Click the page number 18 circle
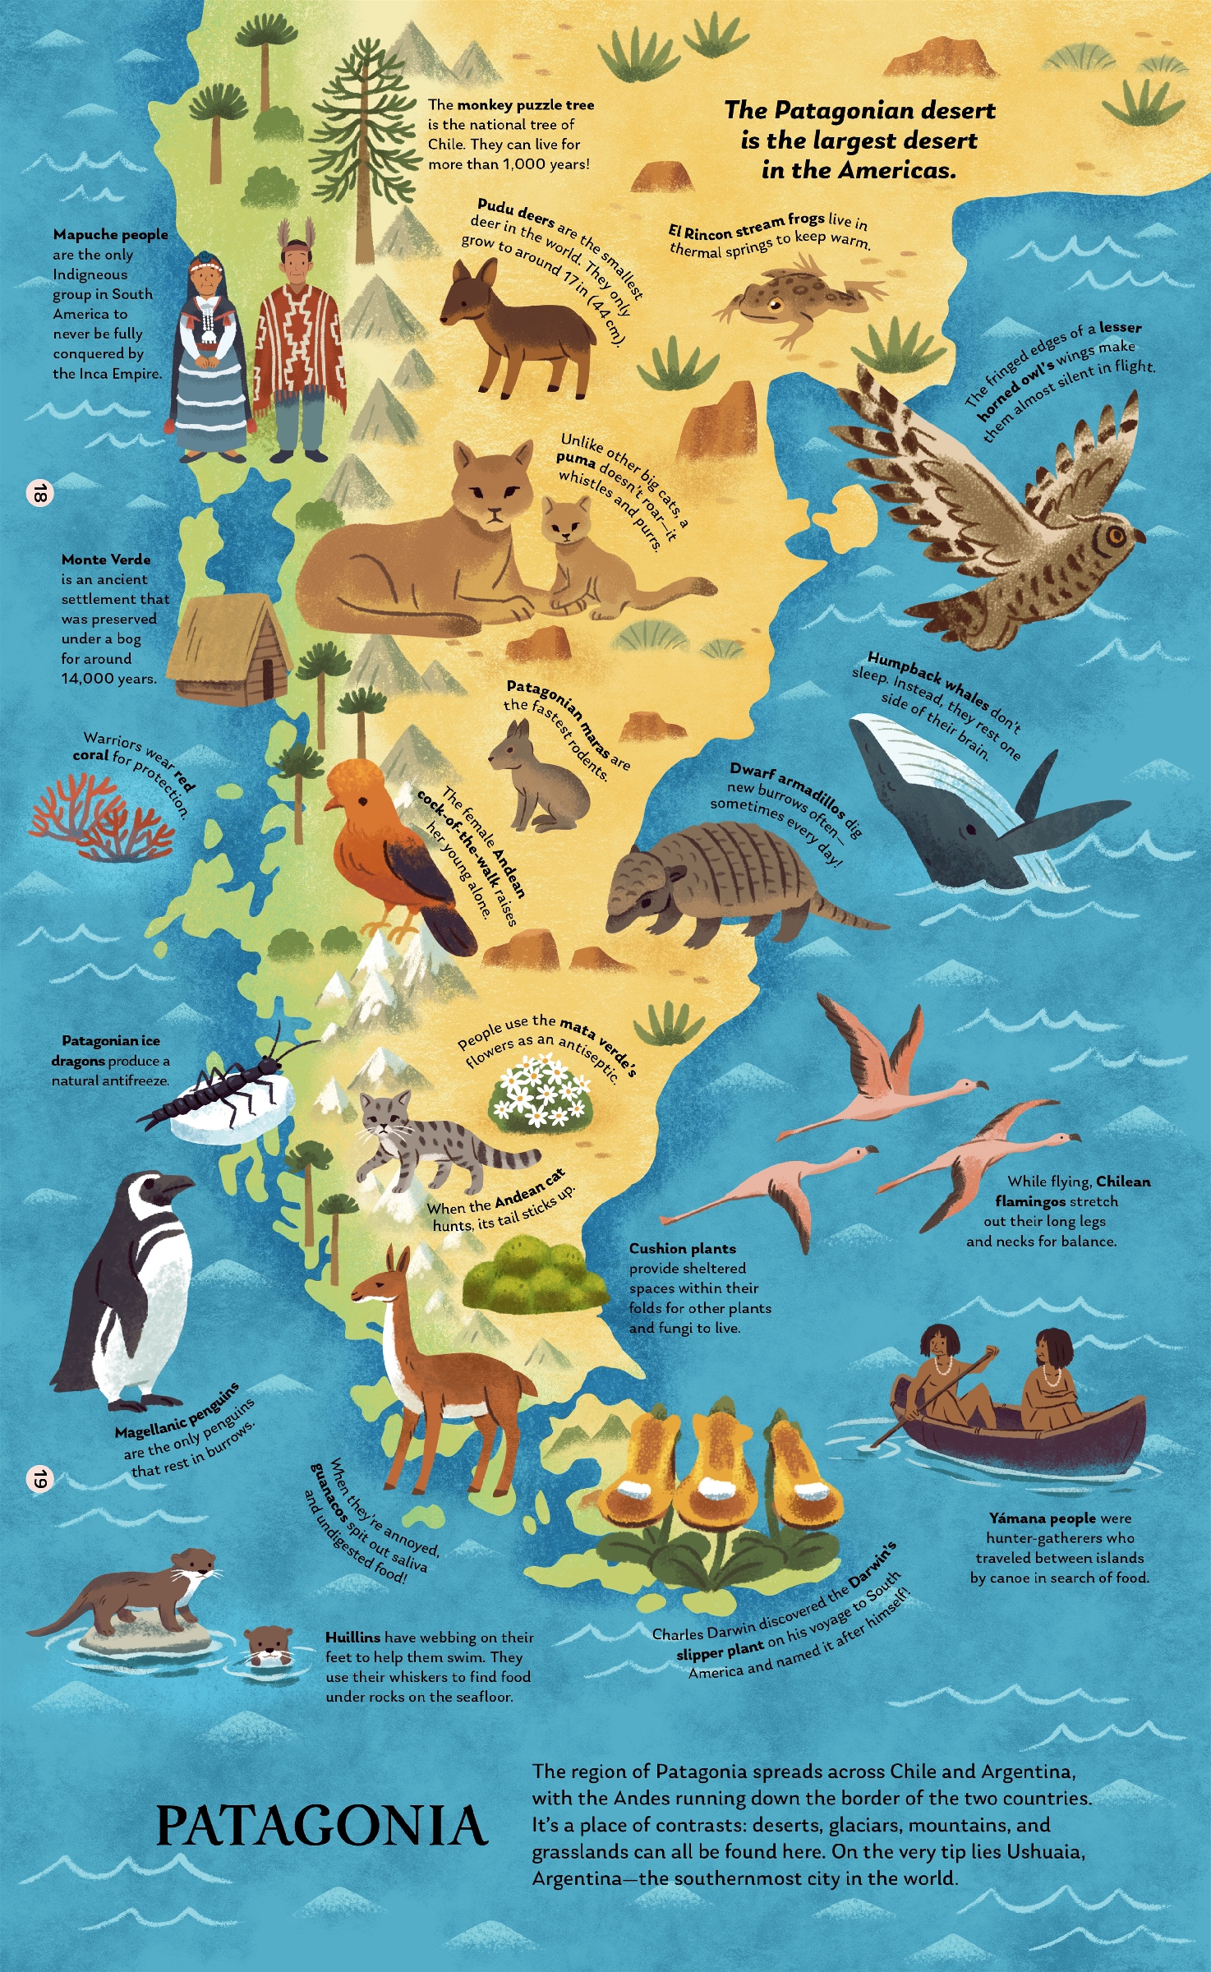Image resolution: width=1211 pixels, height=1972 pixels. [x=39, y=493]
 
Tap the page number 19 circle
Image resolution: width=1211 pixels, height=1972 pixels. [x=39, y=1479]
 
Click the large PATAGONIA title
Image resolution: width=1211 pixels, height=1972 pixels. [x=322, y=1826]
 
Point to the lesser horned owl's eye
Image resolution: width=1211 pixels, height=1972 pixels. [x=1115, y=537]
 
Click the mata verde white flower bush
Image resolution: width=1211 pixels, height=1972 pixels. [x=541, y=1093]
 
